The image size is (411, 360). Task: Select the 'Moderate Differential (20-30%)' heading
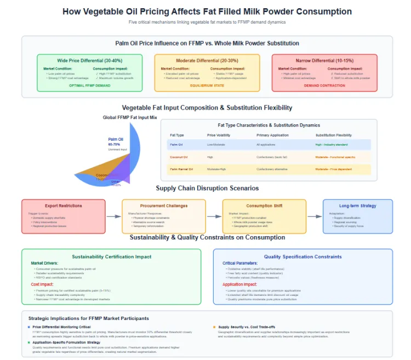point(207,60)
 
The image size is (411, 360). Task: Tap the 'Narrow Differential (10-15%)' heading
point(324,60)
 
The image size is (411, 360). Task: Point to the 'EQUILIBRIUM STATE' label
point(207,85)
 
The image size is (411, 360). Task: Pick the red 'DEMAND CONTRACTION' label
point(324,85)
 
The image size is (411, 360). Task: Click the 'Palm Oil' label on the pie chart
point(116,139)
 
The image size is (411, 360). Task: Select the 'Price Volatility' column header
point(218,135)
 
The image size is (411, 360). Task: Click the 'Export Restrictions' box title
point(63,205)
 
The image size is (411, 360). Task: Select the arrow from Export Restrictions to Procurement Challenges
point(113,216)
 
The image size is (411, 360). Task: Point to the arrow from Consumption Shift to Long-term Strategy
point(315,216)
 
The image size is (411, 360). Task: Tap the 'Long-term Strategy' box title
point(357,205)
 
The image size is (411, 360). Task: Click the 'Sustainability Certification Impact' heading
point(112,256)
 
